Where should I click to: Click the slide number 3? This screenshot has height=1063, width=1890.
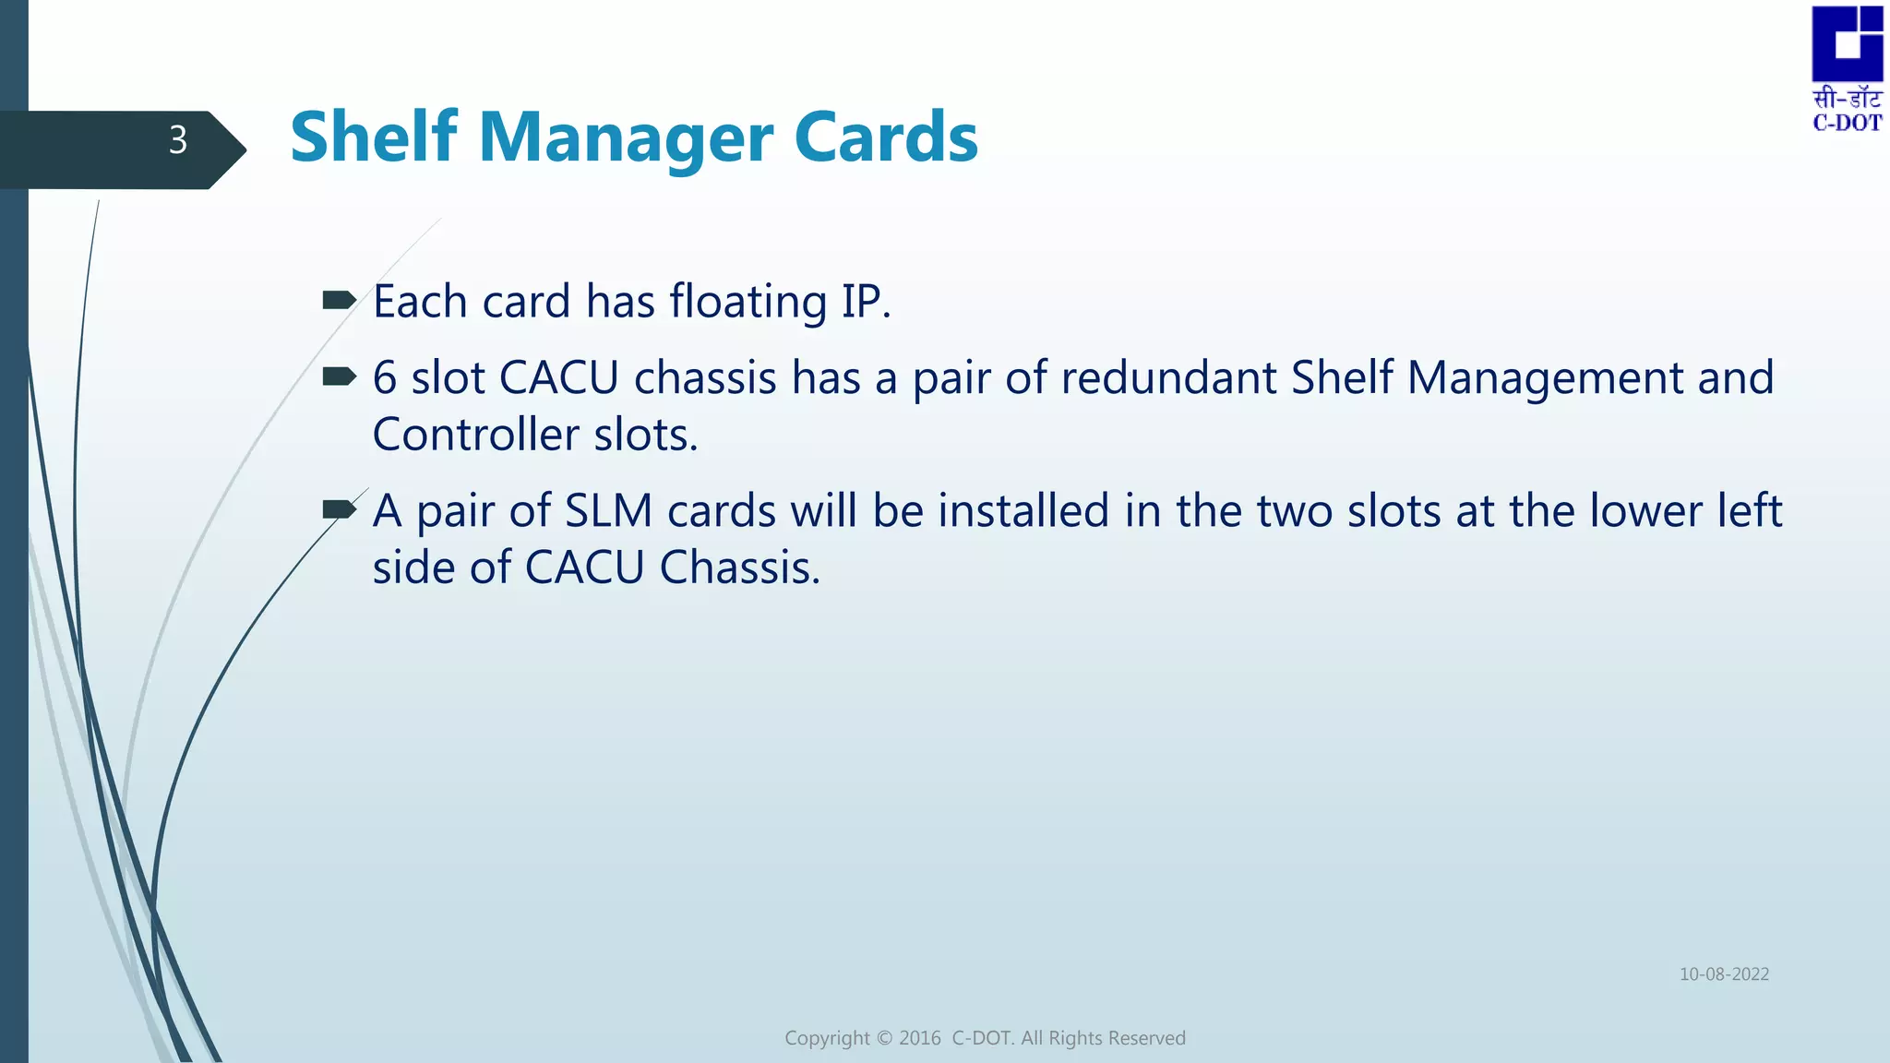click(x=178, y=140)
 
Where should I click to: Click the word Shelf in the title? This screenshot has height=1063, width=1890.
click(x=374, y=137)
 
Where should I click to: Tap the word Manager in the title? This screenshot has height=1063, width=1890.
click(x=626, y=138)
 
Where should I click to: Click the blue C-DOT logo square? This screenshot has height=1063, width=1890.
click(x=1847, y=43)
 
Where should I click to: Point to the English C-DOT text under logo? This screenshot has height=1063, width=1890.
click(x=1847, y=124)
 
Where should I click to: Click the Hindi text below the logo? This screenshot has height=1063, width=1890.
click(x=1847, y=99)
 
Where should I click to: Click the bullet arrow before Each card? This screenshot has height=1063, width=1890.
click(x=339, y=300)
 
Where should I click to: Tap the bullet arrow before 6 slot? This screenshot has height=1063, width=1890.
click(x=339, y=376)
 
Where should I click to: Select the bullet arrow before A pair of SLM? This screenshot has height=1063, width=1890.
click(x=339, y=509)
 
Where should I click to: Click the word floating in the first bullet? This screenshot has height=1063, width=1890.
click(x=748, y=302)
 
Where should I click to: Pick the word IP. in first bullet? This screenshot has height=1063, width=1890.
click(x=866, y=302)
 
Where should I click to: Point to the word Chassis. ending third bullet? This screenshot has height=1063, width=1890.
click(x=739, y=567)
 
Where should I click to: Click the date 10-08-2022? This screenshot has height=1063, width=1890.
click(x=1724, y=974)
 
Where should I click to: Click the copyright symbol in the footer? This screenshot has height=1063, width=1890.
click(x=884, y=1038)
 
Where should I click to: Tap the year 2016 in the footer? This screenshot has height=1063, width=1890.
click(x=919, y=1038)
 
